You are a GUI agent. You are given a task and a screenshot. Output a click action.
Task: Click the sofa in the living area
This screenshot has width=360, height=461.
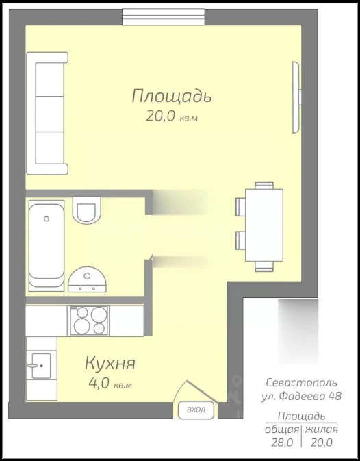point(48,114)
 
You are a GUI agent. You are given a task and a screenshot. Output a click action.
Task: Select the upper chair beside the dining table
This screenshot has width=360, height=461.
point(240,206)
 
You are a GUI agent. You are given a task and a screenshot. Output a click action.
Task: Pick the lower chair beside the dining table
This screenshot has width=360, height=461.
point(240,240)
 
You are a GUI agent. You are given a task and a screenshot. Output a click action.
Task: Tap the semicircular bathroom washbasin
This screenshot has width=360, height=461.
point(88,277)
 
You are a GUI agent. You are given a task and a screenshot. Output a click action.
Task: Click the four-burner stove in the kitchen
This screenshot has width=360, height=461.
point(90,321)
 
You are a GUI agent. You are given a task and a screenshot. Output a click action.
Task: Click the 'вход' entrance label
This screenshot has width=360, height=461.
point(195,410)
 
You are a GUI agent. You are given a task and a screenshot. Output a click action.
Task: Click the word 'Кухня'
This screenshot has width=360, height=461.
point(110,363)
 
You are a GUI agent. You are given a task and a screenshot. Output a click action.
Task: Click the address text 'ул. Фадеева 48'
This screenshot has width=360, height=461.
point(301,396)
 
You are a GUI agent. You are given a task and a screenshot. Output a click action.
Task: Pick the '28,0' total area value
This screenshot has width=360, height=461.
point(282,443)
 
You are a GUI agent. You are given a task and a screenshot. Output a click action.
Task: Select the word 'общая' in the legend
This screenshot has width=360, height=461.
point(281,429)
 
